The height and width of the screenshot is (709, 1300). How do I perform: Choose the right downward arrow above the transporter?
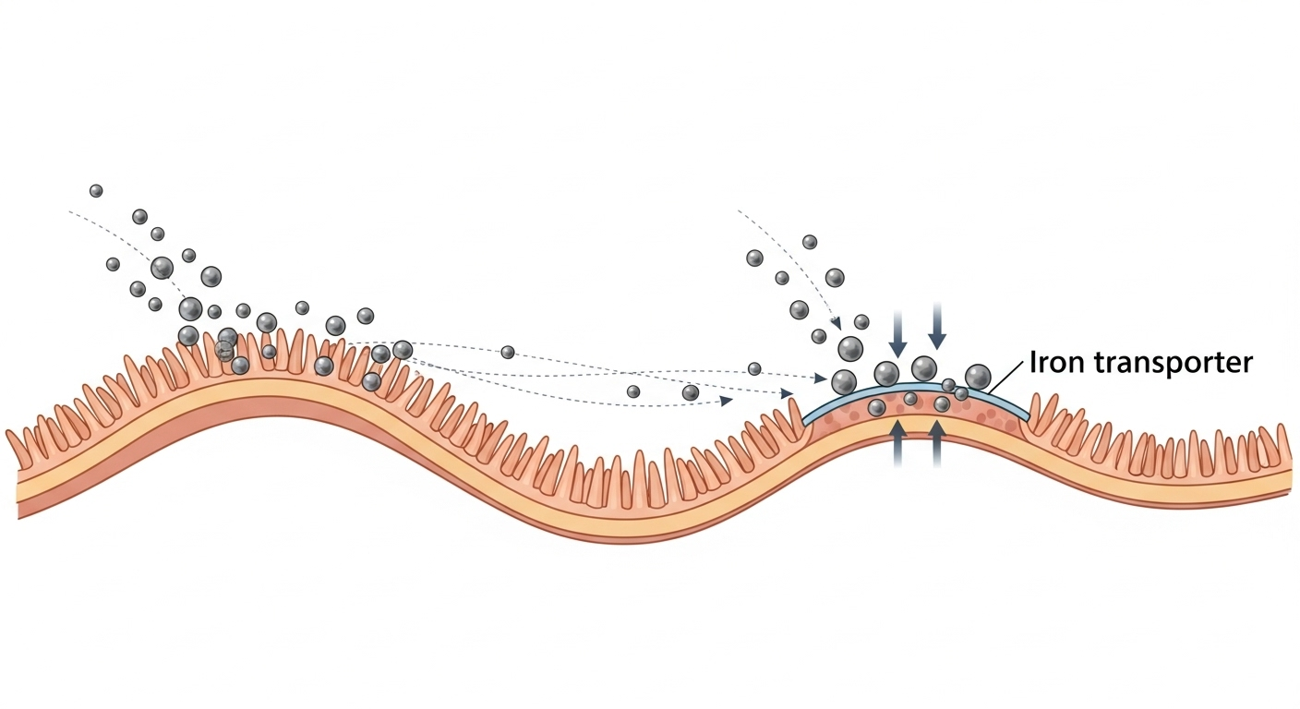937,325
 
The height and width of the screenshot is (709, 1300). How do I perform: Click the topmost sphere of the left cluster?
96,190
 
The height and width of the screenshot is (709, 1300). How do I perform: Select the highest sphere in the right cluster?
810,242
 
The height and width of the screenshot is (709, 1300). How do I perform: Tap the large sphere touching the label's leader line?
978,376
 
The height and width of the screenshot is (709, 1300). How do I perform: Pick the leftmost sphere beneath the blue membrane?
876,407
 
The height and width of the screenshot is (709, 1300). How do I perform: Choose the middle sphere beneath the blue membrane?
910,399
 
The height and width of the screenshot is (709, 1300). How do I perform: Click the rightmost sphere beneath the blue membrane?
942,403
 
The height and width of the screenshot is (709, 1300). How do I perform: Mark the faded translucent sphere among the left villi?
224,351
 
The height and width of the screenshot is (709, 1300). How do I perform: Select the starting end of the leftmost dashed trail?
70,211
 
